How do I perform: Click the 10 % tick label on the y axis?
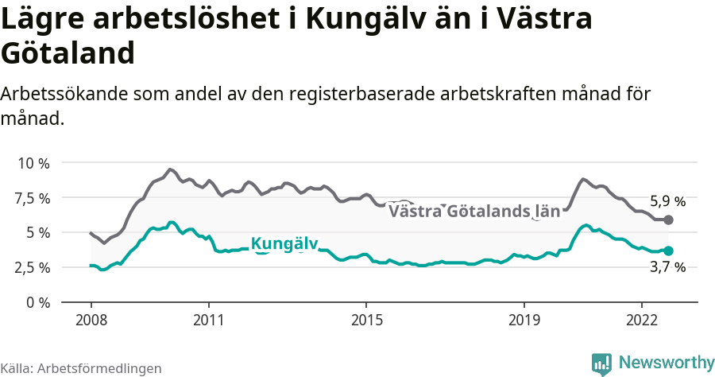(x=33, y=162)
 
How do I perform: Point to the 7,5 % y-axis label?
(x=33, y=197)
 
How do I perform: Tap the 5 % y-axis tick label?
(x=37, y=232)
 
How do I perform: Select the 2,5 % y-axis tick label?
(x=33, y=267)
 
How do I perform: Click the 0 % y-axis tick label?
(x=37, y=302)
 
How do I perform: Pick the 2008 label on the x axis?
(x=91, y=319)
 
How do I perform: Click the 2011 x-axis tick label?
(x=208, y=319)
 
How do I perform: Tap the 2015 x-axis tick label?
(x=365, y=319)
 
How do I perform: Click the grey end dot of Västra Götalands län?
(x=669, y=220)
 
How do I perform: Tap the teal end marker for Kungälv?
(x=669, y=251)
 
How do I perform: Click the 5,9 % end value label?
(x=667, y=201)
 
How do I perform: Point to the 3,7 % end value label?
(x=667, y=268)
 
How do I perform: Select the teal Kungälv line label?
(x=284, y=243)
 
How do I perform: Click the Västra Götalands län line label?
(x=474, y=212)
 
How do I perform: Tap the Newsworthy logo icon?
(x=601, y=363)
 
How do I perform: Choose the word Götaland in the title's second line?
(x=67, y=54)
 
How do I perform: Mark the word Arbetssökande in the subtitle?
(x=61, y=94)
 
